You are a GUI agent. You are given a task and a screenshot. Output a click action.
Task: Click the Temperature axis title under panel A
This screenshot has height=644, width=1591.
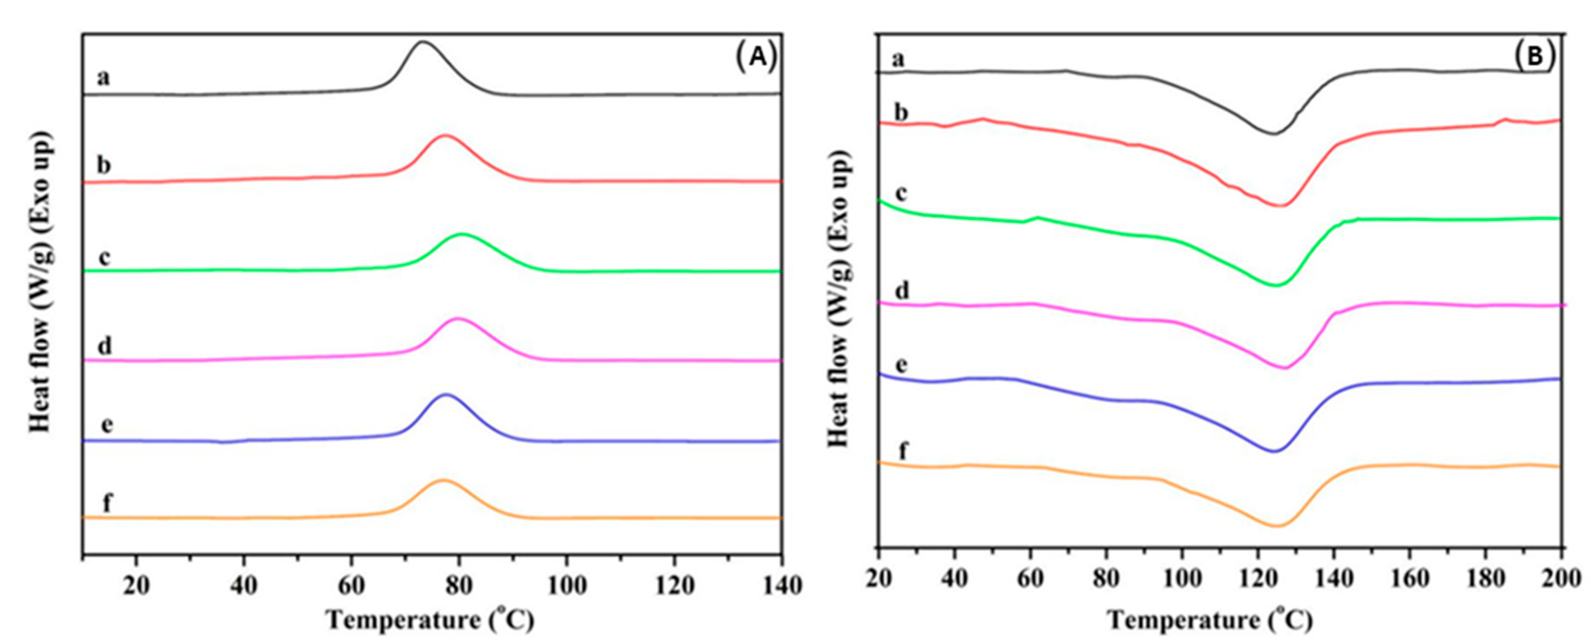(x=430, y=620)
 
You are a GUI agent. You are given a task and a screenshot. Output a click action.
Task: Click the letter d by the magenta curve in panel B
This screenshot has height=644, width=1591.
(x=902, y=290)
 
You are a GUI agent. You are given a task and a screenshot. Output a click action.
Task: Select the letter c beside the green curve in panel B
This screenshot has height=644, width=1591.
(x=901, y=193)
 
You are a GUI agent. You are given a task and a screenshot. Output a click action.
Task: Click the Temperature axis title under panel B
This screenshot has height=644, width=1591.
(x=1209, y=620)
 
